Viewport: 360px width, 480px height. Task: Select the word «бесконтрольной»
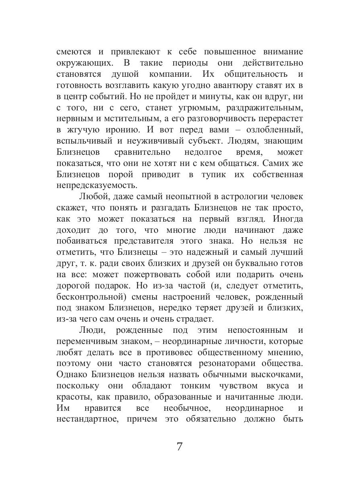tap(93, 298)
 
